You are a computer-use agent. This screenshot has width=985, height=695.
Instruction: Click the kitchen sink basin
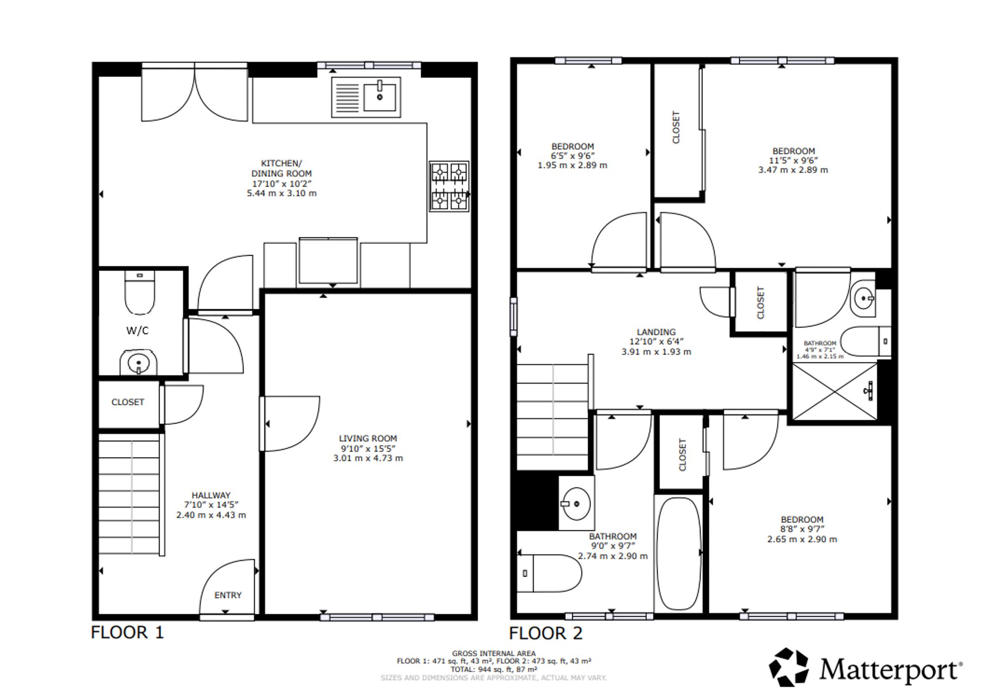point(379,97)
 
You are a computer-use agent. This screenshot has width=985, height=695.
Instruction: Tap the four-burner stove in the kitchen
point(449,186)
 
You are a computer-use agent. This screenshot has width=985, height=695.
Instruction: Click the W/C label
point(137,331)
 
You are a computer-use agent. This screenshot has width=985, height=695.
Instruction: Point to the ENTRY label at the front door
point(228,595)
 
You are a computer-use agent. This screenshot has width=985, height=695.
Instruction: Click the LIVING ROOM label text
point(368,438)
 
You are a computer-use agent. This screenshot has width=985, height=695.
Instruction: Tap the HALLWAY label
point(211,496)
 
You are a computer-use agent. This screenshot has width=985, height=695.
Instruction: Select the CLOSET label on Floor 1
point(128,402)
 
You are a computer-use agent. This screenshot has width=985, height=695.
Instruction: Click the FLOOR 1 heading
point(127,632)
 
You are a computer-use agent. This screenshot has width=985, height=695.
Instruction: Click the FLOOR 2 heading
point(546,633)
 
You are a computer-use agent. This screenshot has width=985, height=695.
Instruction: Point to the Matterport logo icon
point(789,667)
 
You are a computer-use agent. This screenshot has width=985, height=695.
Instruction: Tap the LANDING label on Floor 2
point(656,332)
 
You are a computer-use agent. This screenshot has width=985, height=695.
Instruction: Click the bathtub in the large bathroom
point(679,554)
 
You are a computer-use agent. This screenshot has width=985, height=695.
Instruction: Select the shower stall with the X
point(835,391)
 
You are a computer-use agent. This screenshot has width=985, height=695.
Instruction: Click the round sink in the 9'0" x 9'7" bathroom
point(576,503)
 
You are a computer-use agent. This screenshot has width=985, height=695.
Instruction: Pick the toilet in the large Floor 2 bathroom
point(549,573)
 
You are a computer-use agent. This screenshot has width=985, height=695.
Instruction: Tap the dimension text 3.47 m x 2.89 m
point(793,170)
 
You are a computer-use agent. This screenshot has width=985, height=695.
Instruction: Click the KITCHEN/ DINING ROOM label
point(281,168)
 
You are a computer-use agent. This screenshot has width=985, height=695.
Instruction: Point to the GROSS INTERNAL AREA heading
point(493,654)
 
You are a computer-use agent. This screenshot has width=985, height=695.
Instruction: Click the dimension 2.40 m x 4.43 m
point(211,515)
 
